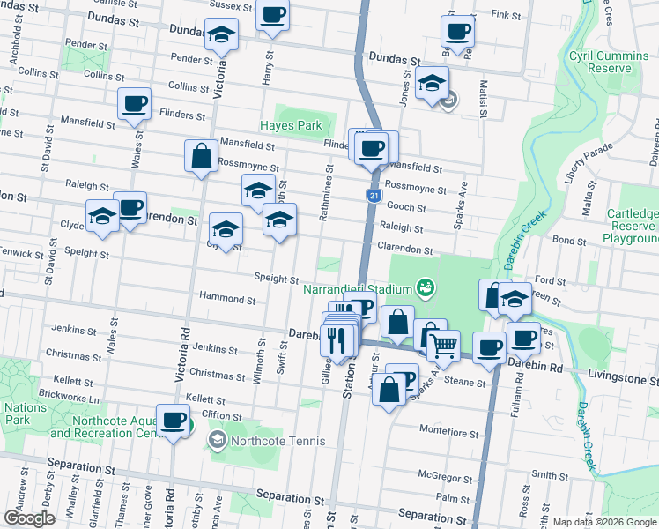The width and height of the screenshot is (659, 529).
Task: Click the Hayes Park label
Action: pos(290,125)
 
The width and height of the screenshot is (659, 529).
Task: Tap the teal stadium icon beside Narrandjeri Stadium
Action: pos(426,287)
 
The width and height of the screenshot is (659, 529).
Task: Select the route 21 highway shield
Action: pos(374,195)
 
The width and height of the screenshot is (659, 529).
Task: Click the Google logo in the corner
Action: pos(29,518)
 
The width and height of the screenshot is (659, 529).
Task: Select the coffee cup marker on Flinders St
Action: pos(134,104)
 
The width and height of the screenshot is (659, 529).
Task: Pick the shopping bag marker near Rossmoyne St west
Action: pos(202,156)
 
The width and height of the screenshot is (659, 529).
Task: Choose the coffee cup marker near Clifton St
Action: pos(173,421)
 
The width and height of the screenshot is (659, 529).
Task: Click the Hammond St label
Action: pos(227,299)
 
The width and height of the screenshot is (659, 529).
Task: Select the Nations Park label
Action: pos(26,414)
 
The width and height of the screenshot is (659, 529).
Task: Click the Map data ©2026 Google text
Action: pos(603,522)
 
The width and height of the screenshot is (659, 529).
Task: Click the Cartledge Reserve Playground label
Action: pos(633,227)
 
